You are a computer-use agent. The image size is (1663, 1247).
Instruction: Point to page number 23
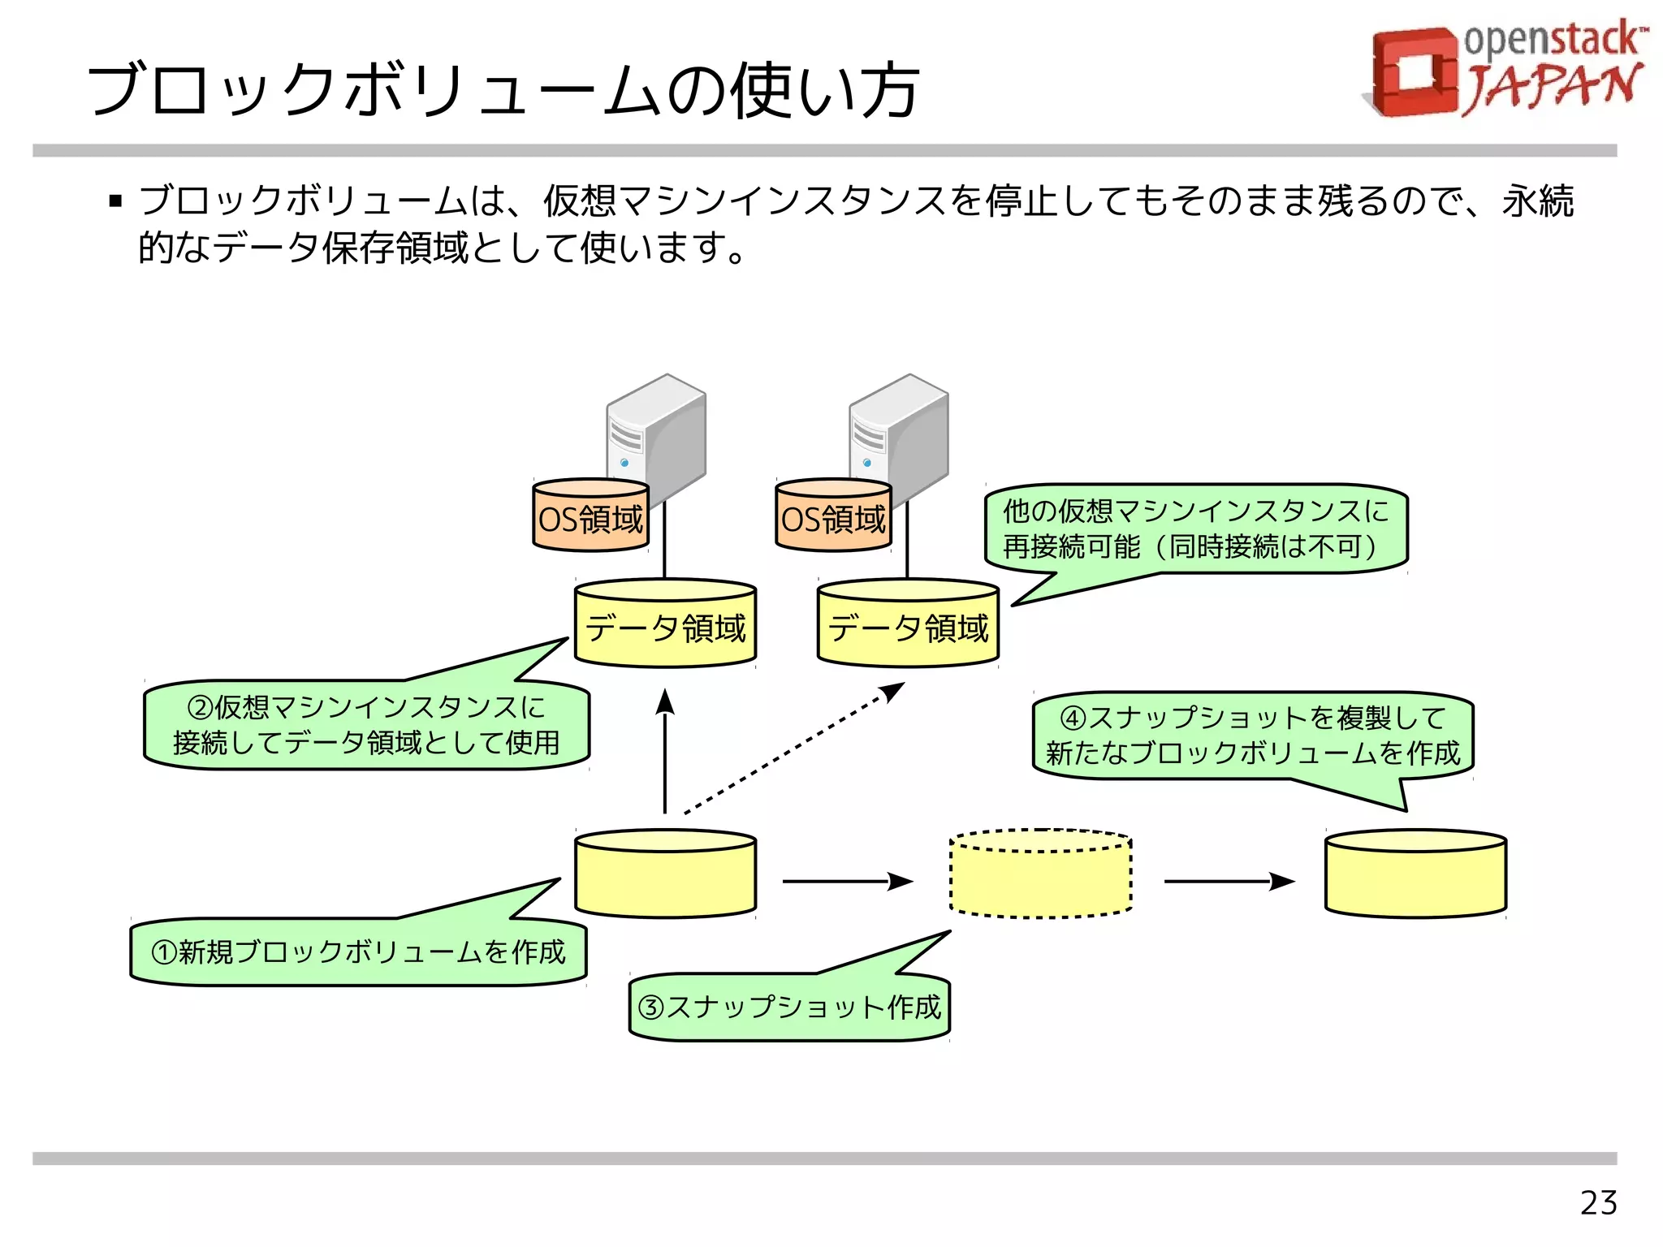click(x=1598, y=1202)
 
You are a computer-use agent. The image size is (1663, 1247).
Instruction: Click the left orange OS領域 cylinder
click(x=590, y=516)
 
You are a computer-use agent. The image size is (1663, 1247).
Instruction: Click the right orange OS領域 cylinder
click(x=833, y=516)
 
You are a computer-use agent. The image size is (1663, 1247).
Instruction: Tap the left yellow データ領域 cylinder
click(x=665, y=625)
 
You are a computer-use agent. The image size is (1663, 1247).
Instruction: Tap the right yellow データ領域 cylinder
click(x=908, y=625)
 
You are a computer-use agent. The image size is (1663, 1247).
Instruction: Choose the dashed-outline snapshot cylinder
click(x=1040, y=874)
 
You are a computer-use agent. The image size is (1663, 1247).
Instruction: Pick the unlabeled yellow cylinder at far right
click(x=1415, y=874)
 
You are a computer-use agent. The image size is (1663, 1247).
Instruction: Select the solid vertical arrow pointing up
click(x=665, y=751)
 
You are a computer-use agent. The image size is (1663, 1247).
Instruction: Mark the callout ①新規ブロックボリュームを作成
click(x=357, y=951)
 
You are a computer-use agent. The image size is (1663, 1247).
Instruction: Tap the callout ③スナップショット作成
click(x=788, y=1007)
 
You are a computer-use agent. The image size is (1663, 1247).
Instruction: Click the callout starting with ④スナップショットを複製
click(x=1252, y=736)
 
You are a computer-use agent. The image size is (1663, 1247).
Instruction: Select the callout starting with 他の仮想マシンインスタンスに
click(x=1195, y=529)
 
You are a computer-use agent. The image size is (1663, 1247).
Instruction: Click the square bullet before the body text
click(x=115, y=201)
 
